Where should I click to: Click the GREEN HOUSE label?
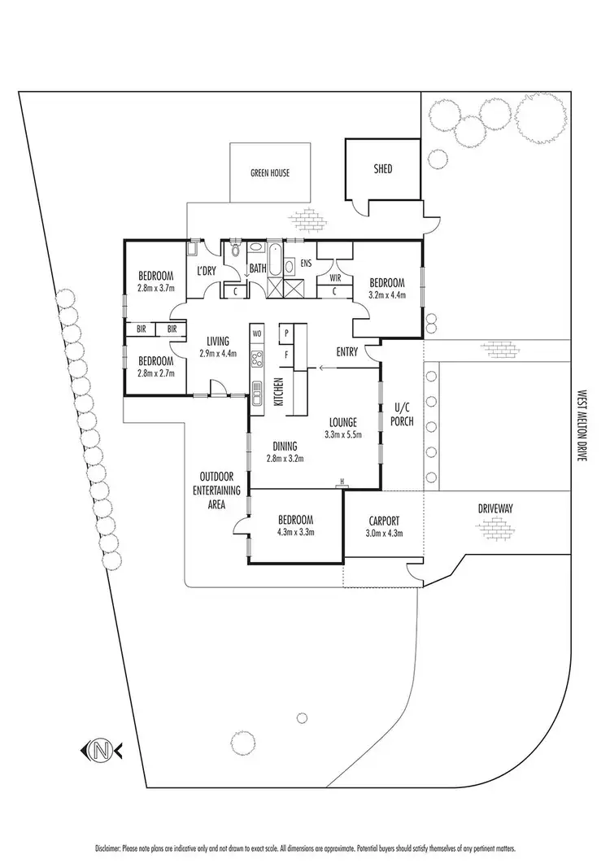pos(269,172)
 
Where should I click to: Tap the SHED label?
pos(382,169)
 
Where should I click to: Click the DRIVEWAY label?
pos(495,508)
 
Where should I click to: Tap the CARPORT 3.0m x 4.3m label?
pos(382,527)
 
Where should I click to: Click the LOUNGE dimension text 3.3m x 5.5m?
pos(344,434)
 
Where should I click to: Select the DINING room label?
pos(279,446)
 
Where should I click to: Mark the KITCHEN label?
pos(278,392)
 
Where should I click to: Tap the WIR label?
pos(334,277)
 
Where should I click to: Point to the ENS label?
pos(307,264)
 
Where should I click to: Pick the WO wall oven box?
pos(257,333)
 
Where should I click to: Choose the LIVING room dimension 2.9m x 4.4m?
pos(217,353)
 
